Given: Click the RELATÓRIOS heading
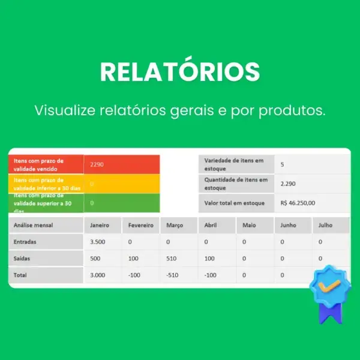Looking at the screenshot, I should (x=180, y=71).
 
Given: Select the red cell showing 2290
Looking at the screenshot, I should (x=122, y=164).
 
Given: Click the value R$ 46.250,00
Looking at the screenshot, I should (x=298, y=203).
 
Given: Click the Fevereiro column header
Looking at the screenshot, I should (x=141, y=226).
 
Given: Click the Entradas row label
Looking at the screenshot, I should (x=25, y=242).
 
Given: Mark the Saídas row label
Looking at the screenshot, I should (x=22, y=259).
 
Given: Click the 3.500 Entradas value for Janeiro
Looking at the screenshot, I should (x=98, y=242).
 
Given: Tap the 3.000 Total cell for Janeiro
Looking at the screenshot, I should (x=98, y=275).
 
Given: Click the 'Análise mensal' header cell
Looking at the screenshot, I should (x=33, y=226).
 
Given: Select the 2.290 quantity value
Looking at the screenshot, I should (x=288, y=184).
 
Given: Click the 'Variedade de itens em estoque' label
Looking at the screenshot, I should (x=234, y=164).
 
